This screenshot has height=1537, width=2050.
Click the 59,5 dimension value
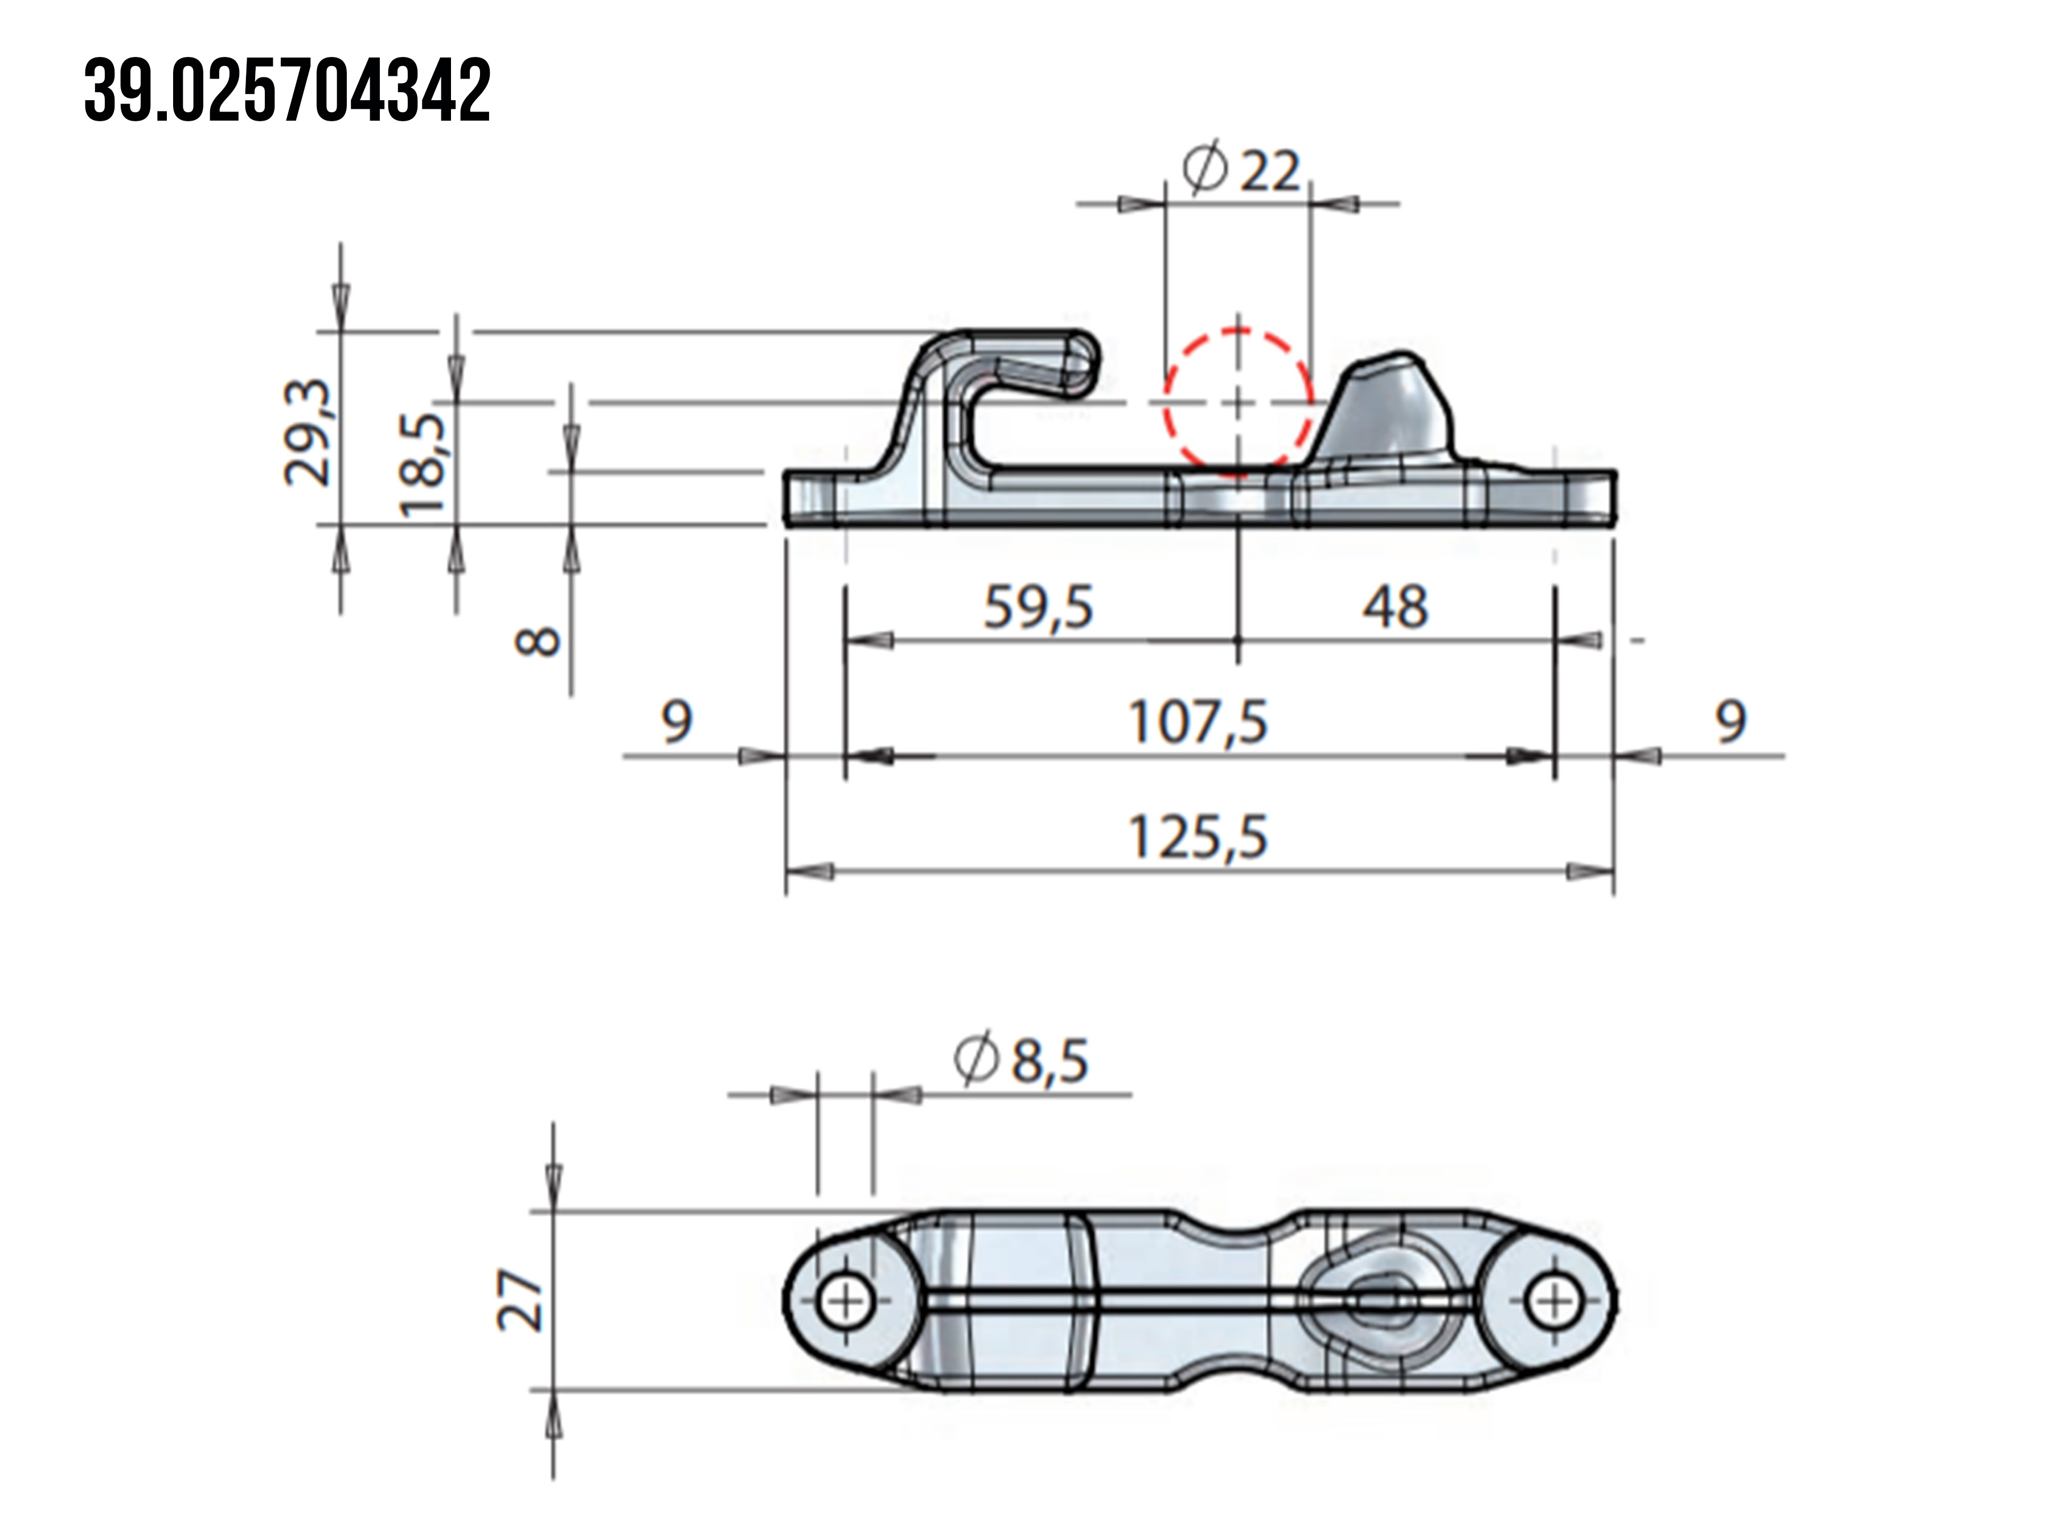[1038, 608]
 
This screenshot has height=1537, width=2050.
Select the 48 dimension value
[1395, 608]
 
